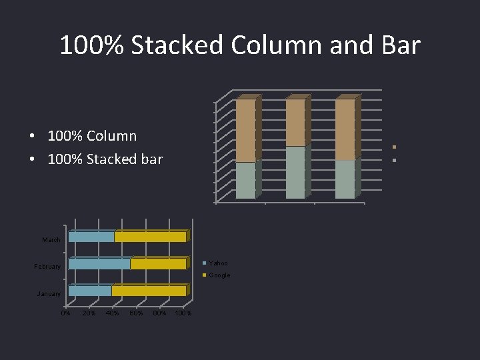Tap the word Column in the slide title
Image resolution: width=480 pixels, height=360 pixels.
tap(277, 45)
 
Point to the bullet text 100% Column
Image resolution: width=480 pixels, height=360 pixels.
tap(92, 136)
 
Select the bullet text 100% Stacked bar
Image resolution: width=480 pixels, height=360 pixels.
tap(105, 159)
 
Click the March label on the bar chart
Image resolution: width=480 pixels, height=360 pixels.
tap(51, 239)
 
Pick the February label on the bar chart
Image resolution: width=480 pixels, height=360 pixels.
tap(47, 267)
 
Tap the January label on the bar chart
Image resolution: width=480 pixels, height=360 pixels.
tap(49, 293)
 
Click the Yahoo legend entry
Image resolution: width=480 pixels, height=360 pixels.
tap(218, 263)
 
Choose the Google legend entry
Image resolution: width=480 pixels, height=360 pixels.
tap(219, 275)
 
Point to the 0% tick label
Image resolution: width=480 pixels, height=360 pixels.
tap(65, 313)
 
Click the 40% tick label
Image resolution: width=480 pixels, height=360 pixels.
tap(112, 313)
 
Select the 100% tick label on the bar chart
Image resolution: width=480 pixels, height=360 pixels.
tap(183, 313)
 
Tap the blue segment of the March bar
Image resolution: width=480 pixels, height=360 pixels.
tap(91, 237)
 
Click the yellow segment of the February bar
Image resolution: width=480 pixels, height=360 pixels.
tap(158, 264)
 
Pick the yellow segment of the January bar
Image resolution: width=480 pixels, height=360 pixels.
tap(149, 291)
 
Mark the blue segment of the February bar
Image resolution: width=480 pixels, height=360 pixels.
tap(99, 264)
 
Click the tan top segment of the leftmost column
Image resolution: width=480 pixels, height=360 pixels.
tap(245, 131)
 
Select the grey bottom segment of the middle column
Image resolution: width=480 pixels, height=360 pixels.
tap(295, 173)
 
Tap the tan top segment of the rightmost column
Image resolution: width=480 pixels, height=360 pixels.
tap(345, 129)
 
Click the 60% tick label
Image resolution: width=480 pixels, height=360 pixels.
tap(136, 313)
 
